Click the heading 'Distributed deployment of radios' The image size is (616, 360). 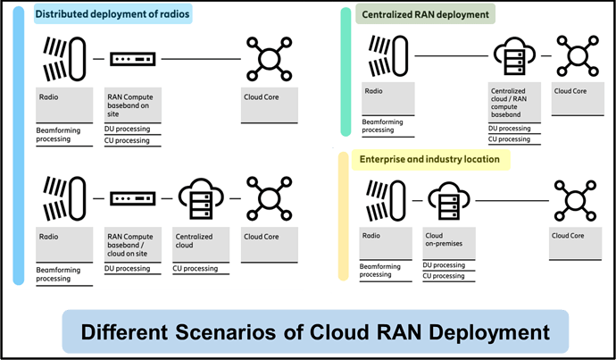click(112, 14)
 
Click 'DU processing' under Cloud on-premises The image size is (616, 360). click(444, 265)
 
